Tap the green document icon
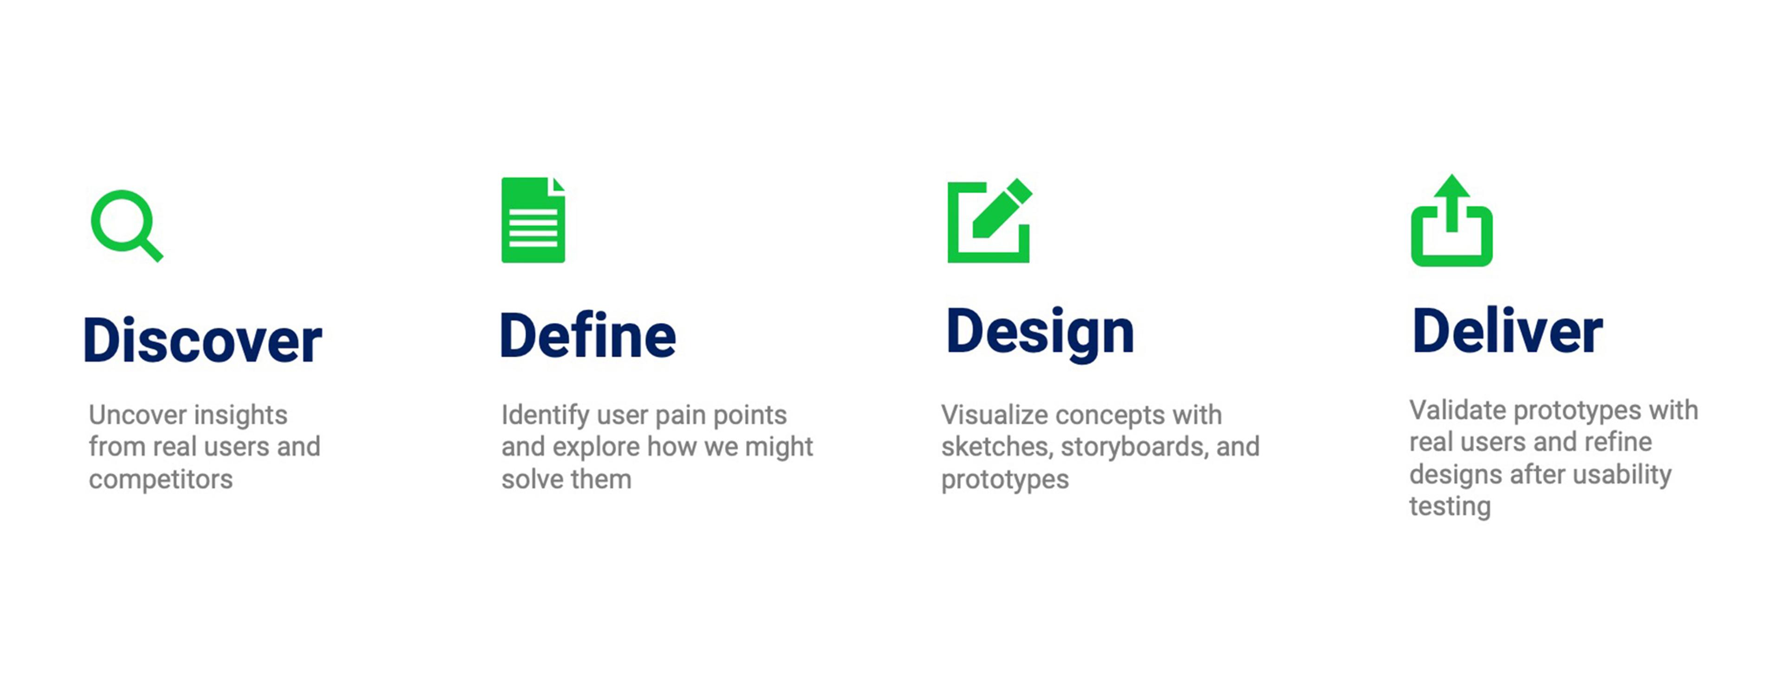point(533,220)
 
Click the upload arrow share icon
point(1451,220)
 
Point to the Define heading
point(588,335)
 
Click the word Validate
point(1458,410)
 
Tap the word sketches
point(997,447)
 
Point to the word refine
point(1618,442)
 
